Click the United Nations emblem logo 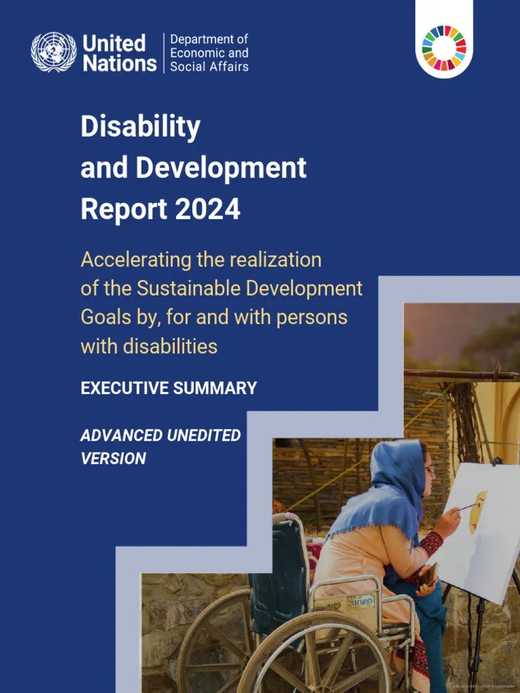(53, 53)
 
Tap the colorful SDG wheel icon (444, 48)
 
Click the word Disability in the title (140, 127)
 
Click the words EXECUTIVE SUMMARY (169, 388)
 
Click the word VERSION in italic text (113, 458)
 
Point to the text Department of (209, 39)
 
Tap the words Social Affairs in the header (209, 66)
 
